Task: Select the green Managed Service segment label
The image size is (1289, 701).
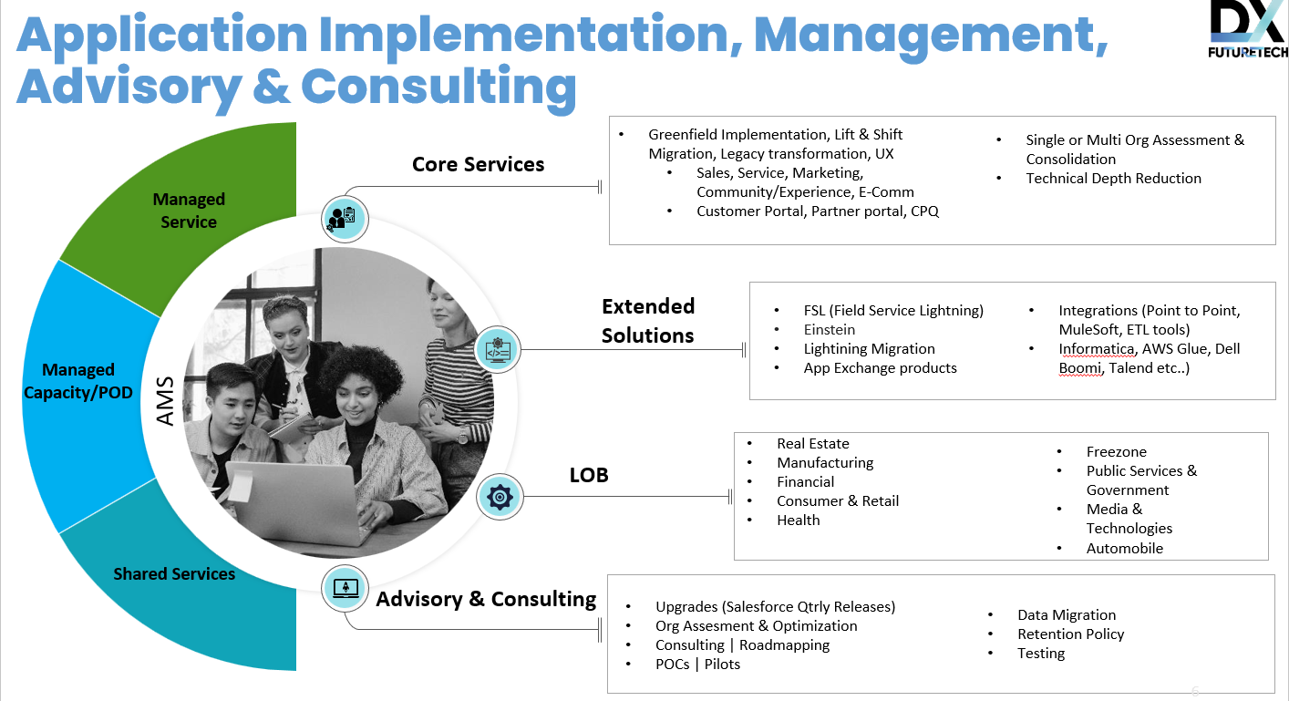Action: coord(189,211)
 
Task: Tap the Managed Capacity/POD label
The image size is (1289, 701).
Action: coord(78,381)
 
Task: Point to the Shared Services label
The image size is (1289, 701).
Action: coord(174,573)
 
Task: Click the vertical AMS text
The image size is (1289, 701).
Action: coord(165,401)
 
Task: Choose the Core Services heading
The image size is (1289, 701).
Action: coord(479,165)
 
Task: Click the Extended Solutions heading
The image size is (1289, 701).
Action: coord(648,321)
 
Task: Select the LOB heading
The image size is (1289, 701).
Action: coord(589,476)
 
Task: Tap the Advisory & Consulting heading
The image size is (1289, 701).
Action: coord(486,599)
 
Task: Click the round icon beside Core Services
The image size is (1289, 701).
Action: coord(345,219)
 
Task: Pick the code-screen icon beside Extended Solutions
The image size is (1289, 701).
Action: coord(498,349)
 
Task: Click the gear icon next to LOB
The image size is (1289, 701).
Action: coord(500,497)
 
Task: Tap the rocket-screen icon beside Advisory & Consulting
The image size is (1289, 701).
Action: coord(345,588)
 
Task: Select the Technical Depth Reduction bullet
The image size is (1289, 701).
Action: coord(1113,179)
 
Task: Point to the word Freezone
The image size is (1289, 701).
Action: coord(1117,452)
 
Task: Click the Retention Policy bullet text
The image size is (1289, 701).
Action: coord(1070,634)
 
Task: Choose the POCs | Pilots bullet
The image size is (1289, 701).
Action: coord(697,665)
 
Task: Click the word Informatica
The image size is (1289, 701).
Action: coord(1097,349)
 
